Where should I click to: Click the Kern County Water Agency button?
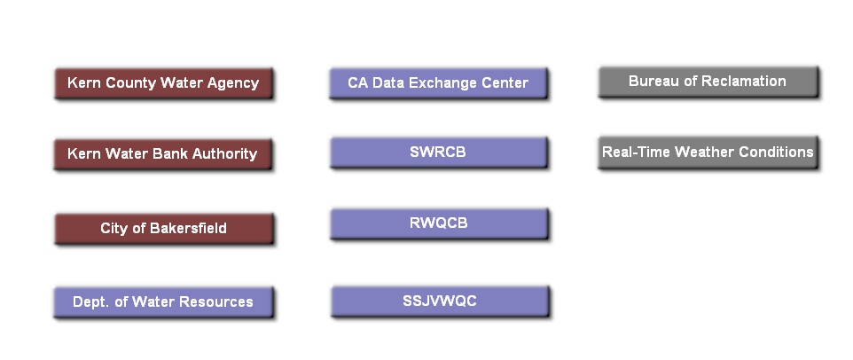pos(163,83)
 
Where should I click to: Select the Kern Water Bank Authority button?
pos(163,153)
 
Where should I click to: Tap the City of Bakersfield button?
pos(163,229)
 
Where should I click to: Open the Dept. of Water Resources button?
pos(163,302)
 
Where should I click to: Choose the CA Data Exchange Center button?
pos(438,83)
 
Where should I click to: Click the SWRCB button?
pos(438,153)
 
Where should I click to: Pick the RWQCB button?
pos(438,223)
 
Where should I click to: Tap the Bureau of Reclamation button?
pos(708,82)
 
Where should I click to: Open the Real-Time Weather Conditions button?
pos(708,152)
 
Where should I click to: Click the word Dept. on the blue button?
pos(91,302)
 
